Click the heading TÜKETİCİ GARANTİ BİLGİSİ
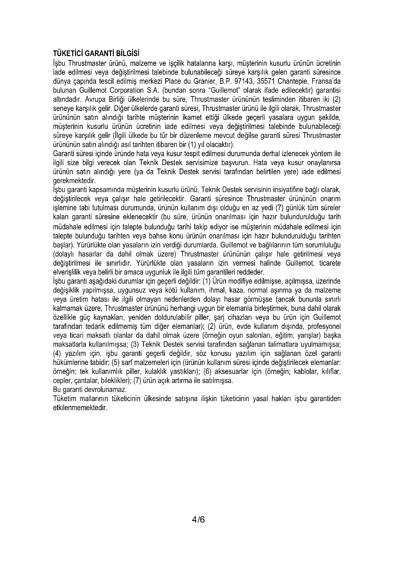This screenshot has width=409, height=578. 96,54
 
